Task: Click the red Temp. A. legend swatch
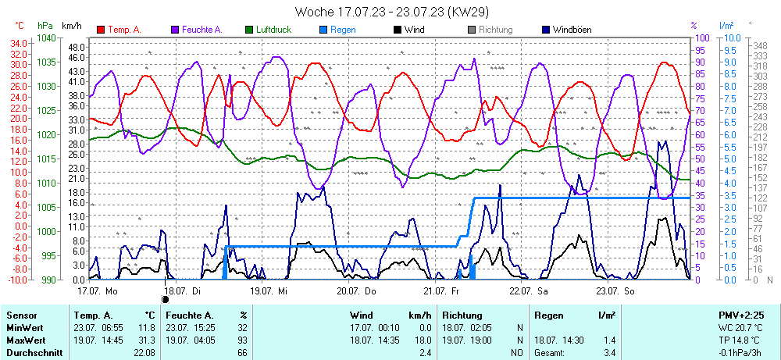tap(101, 30)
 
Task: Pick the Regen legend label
tap(343, 30)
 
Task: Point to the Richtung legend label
tap(495, 30)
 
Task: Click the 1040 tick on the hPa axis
tap(47, 38)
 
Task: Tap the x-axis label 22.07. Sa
tap(528, 290)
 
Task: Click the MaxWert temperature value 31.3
tap(146, 340)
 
